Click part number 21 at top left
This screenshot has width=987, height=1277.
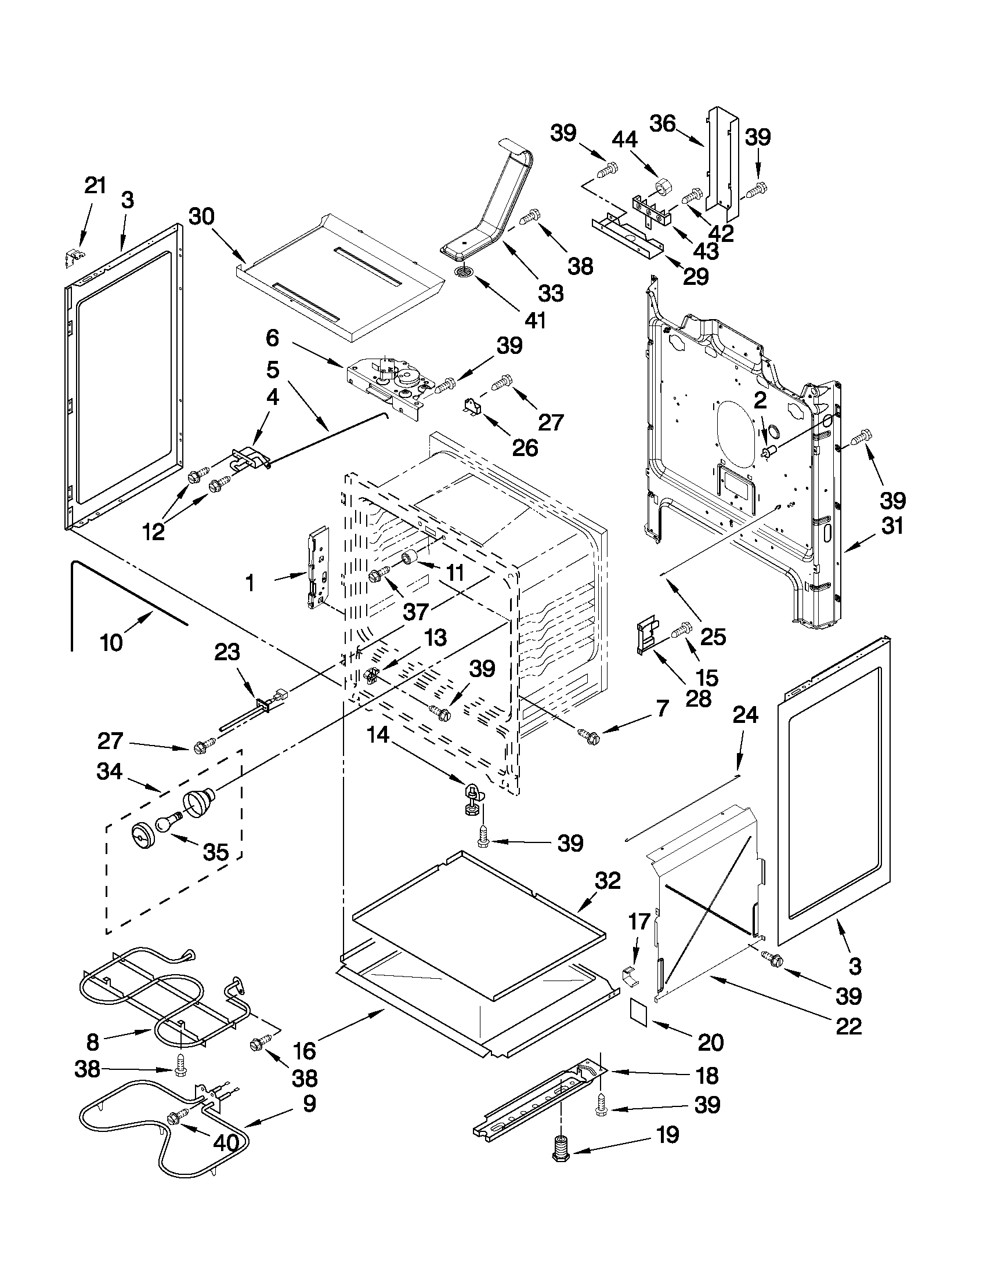(x=95, y=186)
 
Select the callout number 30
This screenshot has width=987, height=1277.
(x=202, y=217)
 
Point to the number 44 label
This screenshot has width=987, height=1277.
(x=625, y=140)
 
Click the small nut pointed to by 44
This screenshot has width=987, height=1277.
(x=663, y=187)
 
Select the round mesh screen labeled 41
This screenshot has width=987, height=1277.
(x=465, y=272)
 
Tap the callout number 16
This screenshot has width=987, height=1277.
(x=305, y=1050)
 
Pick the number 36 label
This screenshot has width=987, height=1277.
(x=663, y=124)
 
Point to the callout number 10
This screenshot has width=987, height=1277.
(x=111, y=643)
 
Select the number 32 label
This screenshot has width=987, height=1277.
(x=608, y=881)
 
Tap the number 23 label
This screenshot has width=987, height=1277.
(x=227, y=652)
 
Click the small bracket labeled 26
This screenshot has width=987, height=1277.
(x=472, y=407)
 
